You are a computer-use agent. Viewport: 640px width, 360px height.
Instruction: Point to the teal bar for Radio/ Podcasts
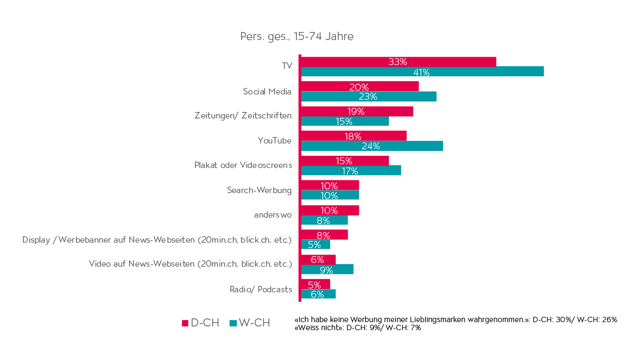coord(318,294)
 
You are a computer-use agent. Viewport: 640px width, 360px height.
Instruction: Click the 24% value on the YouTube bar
coord(371,146)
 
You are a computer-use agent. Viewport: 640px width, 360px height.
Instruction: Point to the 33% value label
coord(398,61)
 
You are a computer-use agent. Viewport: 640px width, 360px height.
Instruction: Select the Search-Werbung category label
coord(259,190)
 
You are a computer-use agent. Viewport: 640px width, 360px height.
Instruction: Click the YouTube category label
coord(275,141)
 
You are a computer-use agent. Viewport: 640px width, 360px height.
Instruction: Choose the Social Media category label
coord(267,91)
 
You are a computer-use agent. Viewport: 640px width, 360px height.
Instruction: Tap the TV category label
coord(287,66)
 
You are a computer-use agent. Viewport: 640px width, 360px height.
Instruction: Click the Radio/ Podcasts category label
coord(261,289)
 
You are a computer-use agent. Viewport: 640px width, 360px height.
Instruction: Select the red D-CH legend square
coord(186,323)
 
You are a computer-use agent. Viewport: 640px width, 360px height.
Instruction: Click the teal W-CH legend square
coord(233,323)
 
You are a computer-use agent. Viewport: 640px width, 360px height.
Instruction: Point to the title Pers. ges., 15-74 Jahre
coord(297,37)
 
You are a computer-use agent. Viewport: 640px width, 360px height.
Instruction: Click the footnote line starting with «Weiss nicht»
coord(358,328)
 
